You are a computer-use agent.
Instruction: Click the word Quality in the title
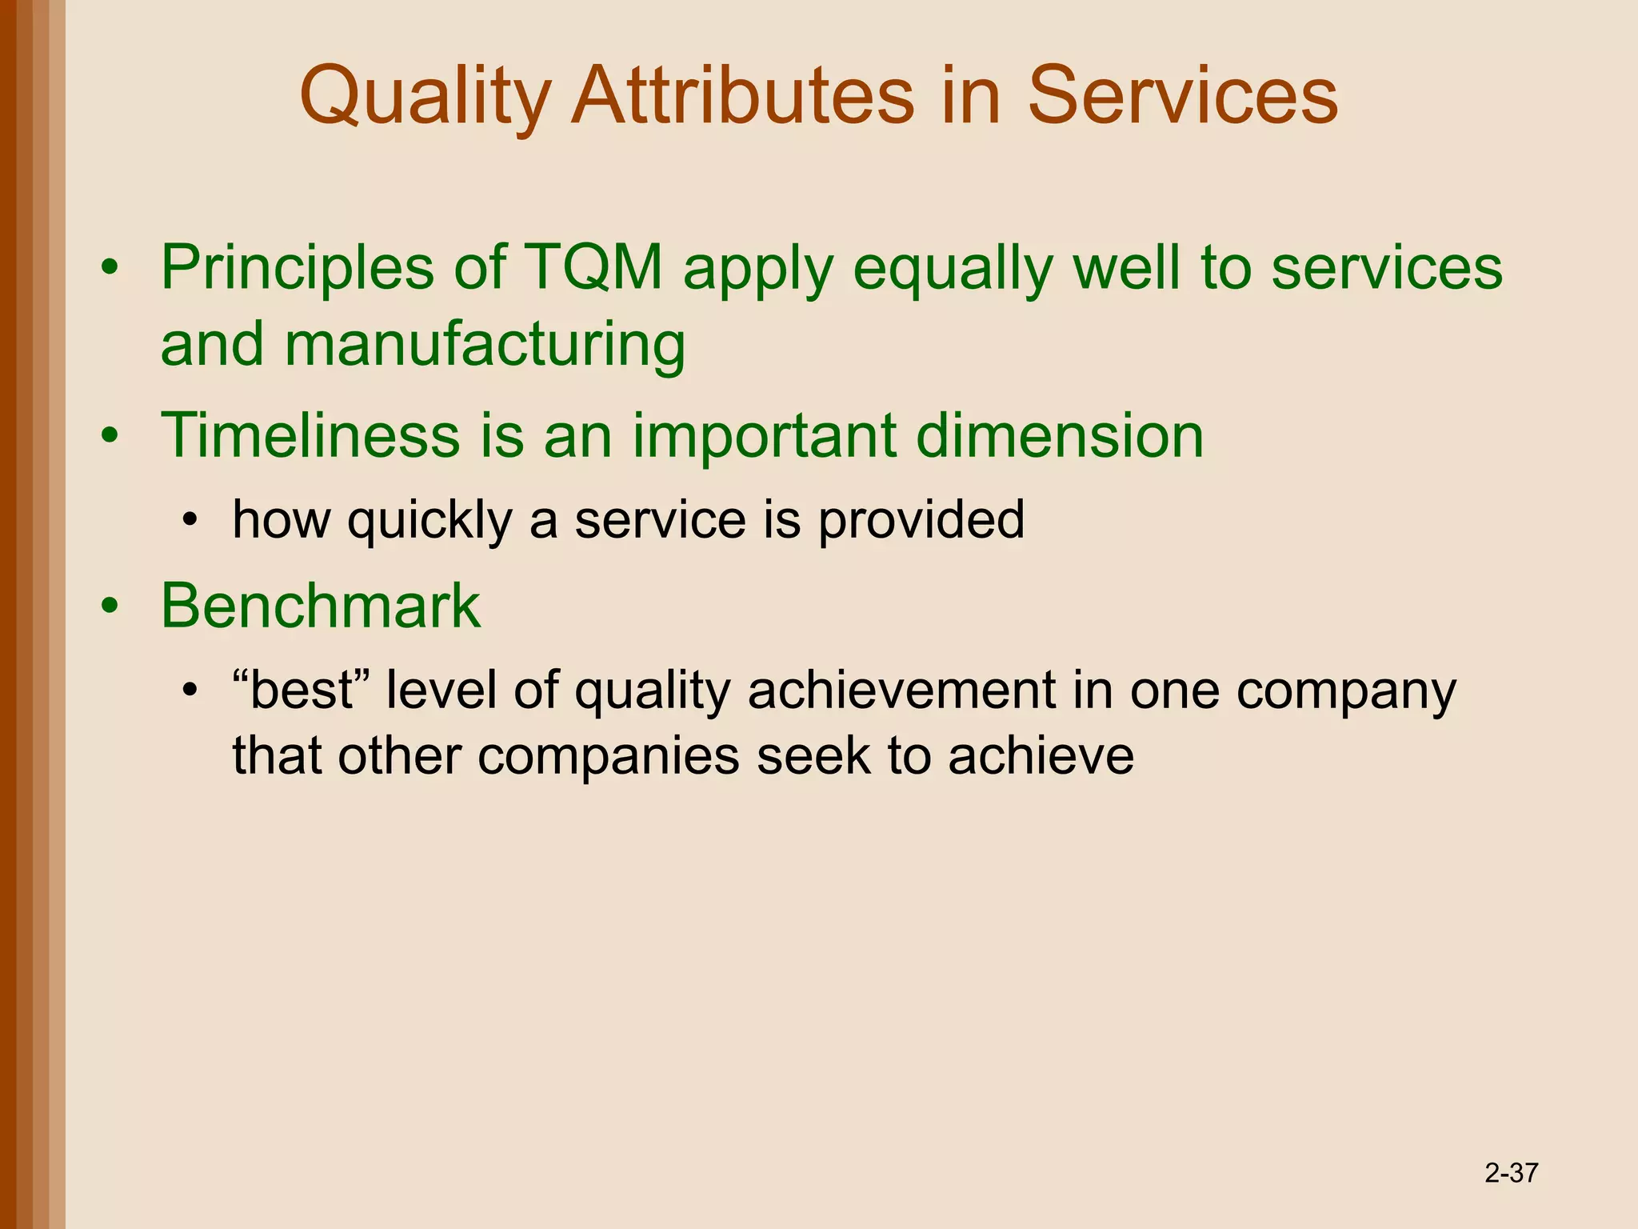click(x=425, y=97)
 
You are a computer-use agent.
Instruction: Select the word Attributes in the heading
click(x=742, y=97)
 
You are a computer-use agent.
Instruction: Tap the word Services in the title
click(x=1182, y=97)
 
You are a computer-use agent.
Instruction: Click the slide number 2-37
click(x=1511, y=1173)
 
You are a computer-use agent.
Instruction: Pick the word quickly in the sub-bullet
click(x=429, y=520)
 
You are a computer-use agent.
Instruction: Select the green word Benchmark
click(x=321, y=606)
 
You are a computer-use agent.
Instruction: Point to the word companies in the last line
click(x=609, y=755)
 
